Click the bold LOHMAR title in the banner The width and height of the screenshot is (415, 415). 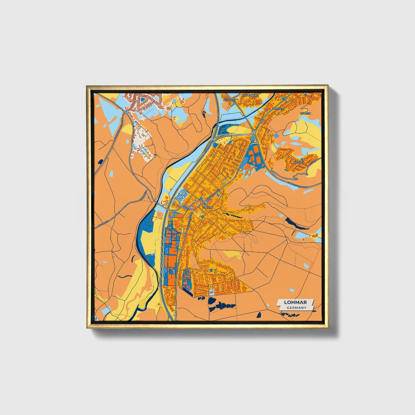tap(295, 302)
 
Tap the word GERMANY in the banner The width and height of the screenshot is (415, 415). tap(296, 308)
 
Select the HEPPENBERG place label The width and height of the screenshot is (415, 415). tap(250, 95)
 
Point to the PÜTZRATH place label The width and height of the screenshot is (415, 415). tap(229, 100)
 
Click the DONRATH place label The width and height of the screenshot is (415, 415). tap(278, 109)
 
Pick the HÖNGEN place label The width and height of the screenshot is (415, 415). tap(305, 113)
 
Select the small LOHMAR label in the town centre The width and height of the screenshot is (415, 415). tap(207, 207)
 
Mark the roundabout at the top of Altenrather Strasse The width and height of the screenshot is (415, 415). tap(125, 112)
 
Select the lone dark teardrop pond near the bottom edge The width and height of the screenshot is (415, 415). tap(258, 315)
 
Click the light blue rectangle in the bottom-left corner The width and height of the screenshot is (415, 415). tap(106, 311)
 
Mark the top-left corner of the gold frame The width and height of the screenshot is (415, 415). tap(87, 86)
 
